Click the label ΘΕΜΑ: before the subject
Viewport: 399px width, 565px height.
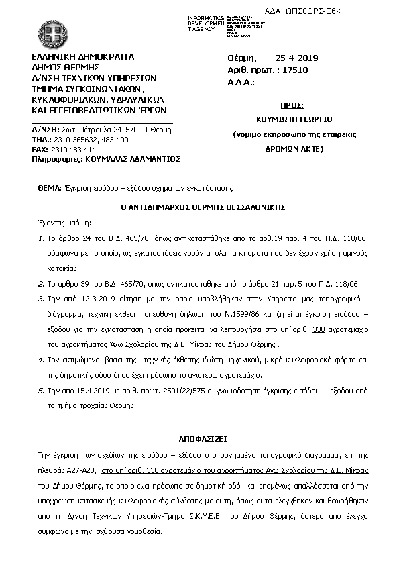click(50, 189)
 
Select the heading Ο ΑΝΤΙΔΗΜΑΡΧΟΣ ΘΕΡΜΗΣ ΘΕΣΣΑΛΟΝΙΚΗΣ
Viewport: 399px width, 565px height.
click(198, 207)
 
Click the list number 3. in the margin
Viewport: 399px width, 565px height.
click(41, 295)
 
